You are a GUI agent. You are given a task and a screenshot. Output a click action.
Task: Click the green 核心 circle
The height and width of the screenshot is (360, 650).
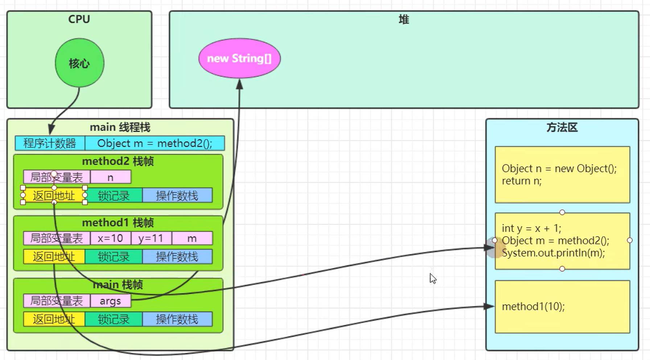pyautogui.click(x=79, y=63)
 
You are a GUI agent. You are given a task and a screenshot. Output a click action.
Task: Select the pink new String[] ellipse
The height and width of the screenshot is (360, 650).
pyautogui.click(x=239, y=58)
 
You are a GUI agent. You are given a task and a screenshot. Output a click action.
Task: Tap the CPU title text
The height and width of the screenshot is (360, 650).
pyautogui.click(x=79, y=19)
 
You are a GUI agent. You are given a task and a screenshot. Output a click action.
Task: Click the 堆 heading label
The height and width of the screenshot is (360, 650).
pyautogui.click(x=404, y=19)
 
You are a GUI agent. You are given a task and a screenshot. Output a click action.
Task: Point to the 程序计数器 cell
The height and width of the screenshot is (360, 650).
pyautogui.click(x=50, y=143)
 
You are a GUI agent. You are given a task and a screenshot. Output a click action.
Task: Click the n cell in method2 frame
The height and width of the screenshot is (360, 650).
pyautogui.click(x=111, y=177)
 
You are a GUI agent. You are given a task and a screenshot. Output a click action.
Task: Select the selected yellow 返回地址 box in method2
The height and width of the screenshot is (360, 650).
pyautogui.click(x=54, y=196)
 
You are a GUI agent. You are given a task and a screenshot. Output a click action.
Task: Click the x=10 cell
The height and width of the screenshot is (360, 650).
pyautogui.click(x=110, y=238)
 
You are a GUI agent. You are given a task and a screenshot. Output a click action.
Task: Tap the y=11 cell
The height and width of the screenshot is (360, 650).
pyautogui.click(x=151, y=238)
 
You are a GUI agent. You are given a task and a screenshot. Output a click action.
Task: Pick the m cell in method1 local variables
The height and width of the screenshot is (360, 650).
pyautogui.click(x=192, y=238)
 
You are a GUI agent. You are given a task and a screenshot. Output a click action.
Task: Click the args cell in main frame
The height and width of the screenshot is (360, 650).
pyautogui.click(x=110, y=301)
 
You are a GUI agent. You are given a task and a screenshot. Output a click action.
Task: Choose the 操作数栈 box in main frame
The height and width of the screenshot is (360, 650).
pyautogui.click(x=177, y=319)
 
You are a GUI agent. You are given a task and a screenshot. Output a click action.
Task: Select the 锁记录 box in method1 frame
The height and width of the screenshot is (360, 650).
pyautogui.click(x=114, y=257)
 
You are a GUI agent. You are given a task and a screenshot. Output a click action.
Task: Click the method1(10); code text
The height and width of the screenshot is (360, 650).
pyautogui.click(x=533, y=307)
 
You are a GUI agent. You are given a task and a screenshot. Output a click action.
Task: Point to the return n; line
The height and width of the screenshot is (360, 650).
pyautogui.click(x=522, y=181)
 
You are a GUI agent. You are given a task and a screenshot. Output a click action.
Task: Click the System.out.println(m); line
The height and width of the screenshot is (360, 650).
pyautogui.click(x=553, y=253)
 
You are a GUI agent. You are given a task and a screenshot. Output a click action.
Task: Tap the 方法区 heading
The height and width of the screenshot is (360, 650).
pyautogui.click(x=562, y=128)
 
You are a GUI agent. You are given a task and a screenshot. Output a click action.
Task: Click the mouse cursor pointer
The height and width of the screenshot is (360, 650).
pyautogui.click(x=433, y=278)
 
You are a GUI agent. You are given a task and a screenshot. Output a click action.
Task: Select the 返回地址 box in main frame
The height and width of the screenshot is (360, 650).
pyautogui.click(x=54, y=319)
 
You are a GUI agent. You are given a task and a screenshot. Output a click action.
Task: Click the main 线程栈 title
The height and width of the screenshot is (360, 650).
pyautogui.click(x=120, y=127)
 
